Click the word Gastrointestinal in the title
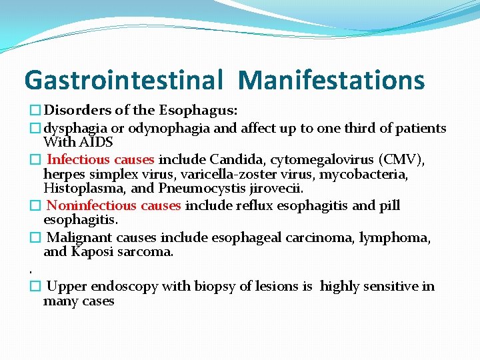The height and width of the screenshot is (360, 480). coord(123,81)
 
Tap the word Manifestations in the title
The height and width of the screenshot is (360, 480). coord(331,81)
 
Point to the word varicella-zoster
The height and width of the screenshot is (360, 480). coord(247,174)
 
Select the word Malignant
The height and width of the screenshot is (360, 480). coord(80,238)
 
